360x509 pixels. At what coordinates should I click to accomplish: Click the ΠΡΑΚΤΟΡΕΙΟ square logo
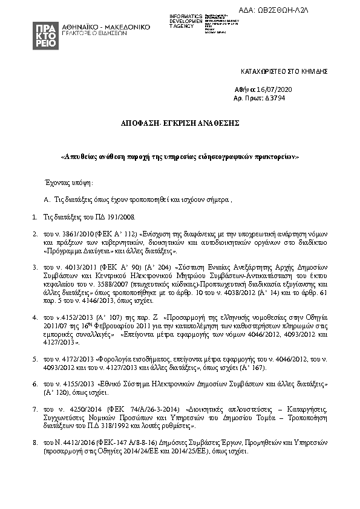[46, 36]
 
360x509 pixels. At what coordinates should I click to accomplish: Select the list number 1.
[34, 216]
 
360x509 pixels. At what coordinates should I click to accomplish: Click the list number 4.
[34, 316]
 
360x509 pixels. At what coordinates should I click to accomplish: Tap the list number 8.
[34, 443]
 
